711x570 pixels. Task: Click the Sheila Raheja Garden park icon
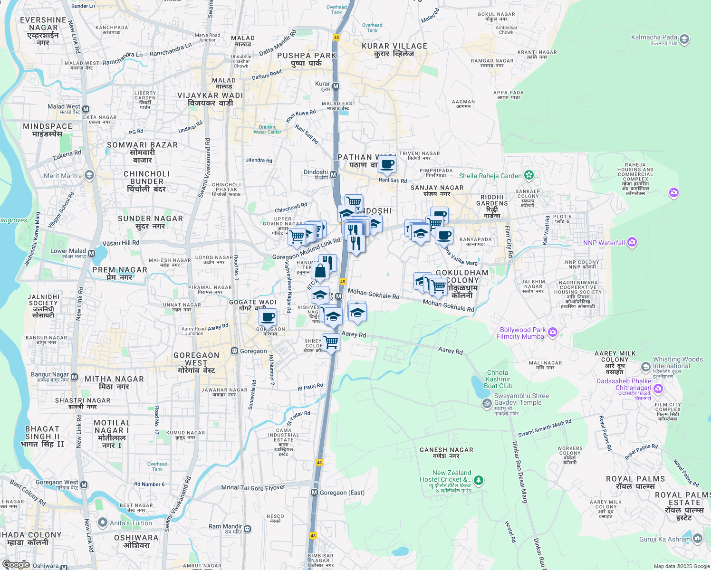pos(529,175)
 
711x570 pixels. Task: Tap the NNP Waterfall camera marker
pos(632,243)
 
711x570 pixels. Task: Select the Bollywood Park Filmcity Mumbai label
pos(521,333)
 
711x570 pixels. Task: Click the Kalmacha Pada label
pos(654,37)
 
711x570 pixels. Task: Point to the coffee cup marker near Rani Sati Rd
pos(387,165)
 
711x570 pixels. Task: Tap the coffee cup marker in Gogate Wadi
pos(268,317)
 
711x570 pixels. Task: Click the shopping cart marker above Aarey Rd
pos(331,342)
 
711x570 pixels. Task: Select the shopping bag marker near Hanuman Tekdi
pos(320,271)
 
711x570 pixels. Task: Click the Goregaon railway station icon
pos(234,351)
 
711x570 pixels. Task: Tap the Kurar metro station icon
pos(336,86)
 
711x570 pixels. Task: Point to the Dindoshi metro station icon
pos(334,175)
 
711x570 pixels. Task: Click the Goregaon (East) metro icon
pos(314,493)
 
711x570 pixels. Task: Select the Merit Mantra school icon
pos(89,176)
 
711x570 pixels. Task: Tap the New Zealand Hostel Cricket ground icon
pos(479,481)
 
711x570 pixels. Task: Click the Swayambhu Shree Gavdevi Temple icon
pos(487,403)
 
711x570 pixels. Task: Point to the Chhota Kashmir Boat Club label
pos(498,379)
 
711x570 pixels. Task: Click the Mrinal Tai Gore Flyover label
pos(253,488)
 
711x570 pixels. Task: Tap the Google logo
pos(16,564)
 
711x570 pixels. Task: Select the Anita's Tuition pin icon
pos(102,523)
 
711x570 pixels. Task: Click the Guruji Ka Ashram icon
pos(697,538)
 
